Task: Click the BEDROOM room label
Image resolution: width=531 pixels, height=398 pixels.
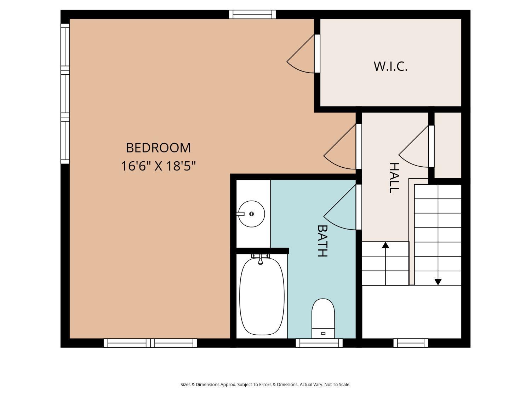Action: (158, 148)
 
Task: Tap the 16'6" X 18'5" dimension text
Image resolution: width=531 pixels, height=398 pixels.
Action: (158, 166)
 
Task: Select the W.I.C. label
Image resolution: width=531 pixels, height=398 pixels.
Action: (390, 67)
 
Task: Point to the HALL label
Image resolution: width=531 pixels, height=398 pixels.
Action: (394, 178)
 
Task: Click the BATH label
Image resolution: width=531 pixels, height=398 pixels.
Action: (322, 241)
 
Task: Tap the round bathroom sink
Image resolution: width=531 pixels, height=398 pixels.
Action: (252, 214)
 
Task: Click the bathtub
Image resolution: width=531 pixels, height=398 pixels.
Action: (262, 296)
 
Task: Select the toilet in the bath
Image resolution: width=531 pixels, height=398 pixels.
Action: (323, 318)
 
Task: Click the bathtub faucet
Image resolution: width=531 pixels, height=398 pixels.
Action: (261, 259)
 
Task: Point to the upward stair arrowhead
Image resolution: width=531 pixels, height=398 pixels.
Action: (386, 245)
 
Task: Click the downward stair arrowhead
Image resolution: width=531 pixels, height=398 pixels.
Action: (438, 282)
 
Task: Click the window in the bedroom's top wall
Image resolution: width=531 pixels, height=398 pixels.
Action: (252, 14)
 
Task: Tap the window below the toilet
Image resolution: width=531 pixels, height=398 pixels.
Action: (319, 343)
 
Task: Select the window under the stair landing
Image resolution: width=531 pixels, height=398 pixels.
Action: (411, 343)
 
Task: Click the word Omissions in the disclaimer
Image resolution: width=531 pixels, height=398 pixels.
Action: (288, 385)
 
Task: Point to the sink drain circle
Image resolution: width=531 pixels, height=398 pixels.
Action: (252, 214)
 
